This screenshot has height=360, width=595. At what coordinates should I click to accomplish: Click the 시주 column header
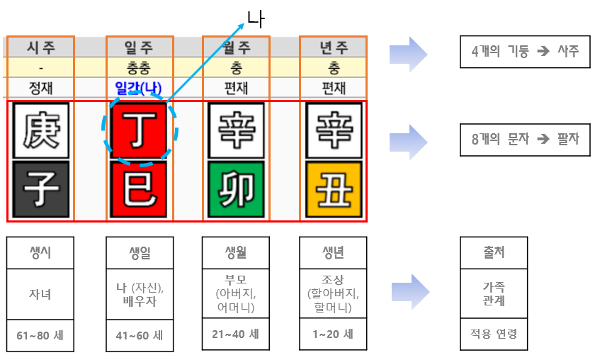(x=40, y=47)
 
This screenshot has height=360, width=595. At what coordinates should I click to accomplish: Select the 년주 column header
(x=333, y=47)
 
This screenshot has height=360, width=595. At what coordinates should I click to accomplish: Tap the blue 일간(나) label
(x=139, y=89)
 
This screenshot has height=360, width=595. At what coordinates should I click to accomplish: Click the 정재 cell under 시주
(x=40, y=89)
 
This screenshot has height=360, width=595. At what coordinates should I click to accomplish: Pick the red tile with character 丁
(x=139, y=131)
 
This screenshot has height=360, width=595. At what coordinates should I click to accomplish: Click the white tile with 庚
(x=40, y=131)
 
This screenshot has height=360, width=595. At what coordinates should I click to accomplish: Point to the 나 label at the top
(x=256, y=19)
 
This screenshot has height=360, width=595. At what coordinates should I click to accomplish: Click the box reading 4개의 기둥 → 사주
(x=525, y=51)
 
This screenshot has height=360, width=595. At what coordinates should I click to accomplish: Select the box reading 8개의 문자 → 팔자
(x=525, y=139)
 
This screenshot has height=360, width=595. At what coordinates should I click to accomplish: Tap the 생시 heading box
(x=40, y=253)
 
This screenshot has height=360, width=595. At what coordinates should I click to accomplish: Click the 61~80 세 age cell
(x=40, y=334)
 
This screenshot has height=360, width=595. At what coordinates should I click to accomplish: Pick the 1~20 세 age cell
(x=333, y=334)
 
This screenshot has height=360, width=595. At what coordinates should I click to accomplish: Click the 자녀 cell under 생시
(x=40, y=293)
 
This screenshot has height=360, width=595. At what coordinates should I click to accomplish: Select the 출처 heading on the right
(x=494, y=253)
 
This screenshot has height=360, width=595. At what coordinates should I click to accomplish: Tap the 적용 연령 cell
(x=494, y=334)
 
